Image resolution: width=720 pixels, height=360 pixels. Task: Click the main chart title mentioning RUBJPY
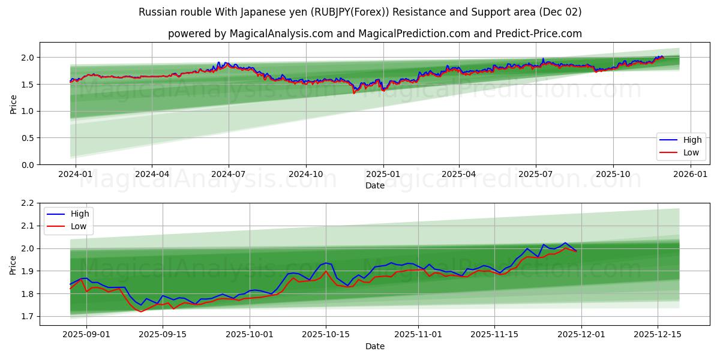[x=359, y=12]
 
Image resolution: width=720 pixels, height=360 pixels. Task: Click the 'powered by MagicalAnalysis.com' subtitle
[x=374, y=34]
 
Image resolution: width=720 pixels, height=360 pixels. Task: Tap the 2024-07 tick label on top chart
[x=229, y=174]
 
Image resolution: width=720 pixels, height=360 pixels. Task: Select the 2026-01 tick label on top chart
[x=691, y=174]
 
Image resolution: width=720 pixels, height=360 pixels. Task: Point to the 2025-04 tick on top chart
[x=459, y=174]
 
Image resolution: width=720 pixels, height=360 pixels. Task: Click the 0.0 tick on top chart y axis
[x=28, y=165]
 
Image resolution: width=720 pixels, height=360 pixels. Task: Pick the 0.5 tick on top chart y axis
[x=28, y=138]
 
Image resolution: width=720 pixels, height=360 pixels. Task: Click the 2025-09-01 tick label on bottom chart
[x=86, y=335]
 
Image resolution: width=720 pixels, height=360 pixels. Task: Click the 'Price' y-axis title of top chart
[x=13, y=104]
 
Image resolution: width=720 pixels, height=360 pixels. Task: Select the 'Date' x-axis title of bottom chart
[x=374, y=346]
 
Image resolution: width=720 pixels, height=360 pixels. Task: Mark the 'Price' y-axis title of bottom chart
[x=13, y=265]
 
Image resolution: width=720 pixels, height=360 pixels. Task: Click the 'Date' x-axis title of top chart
[x=374, y=185]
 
